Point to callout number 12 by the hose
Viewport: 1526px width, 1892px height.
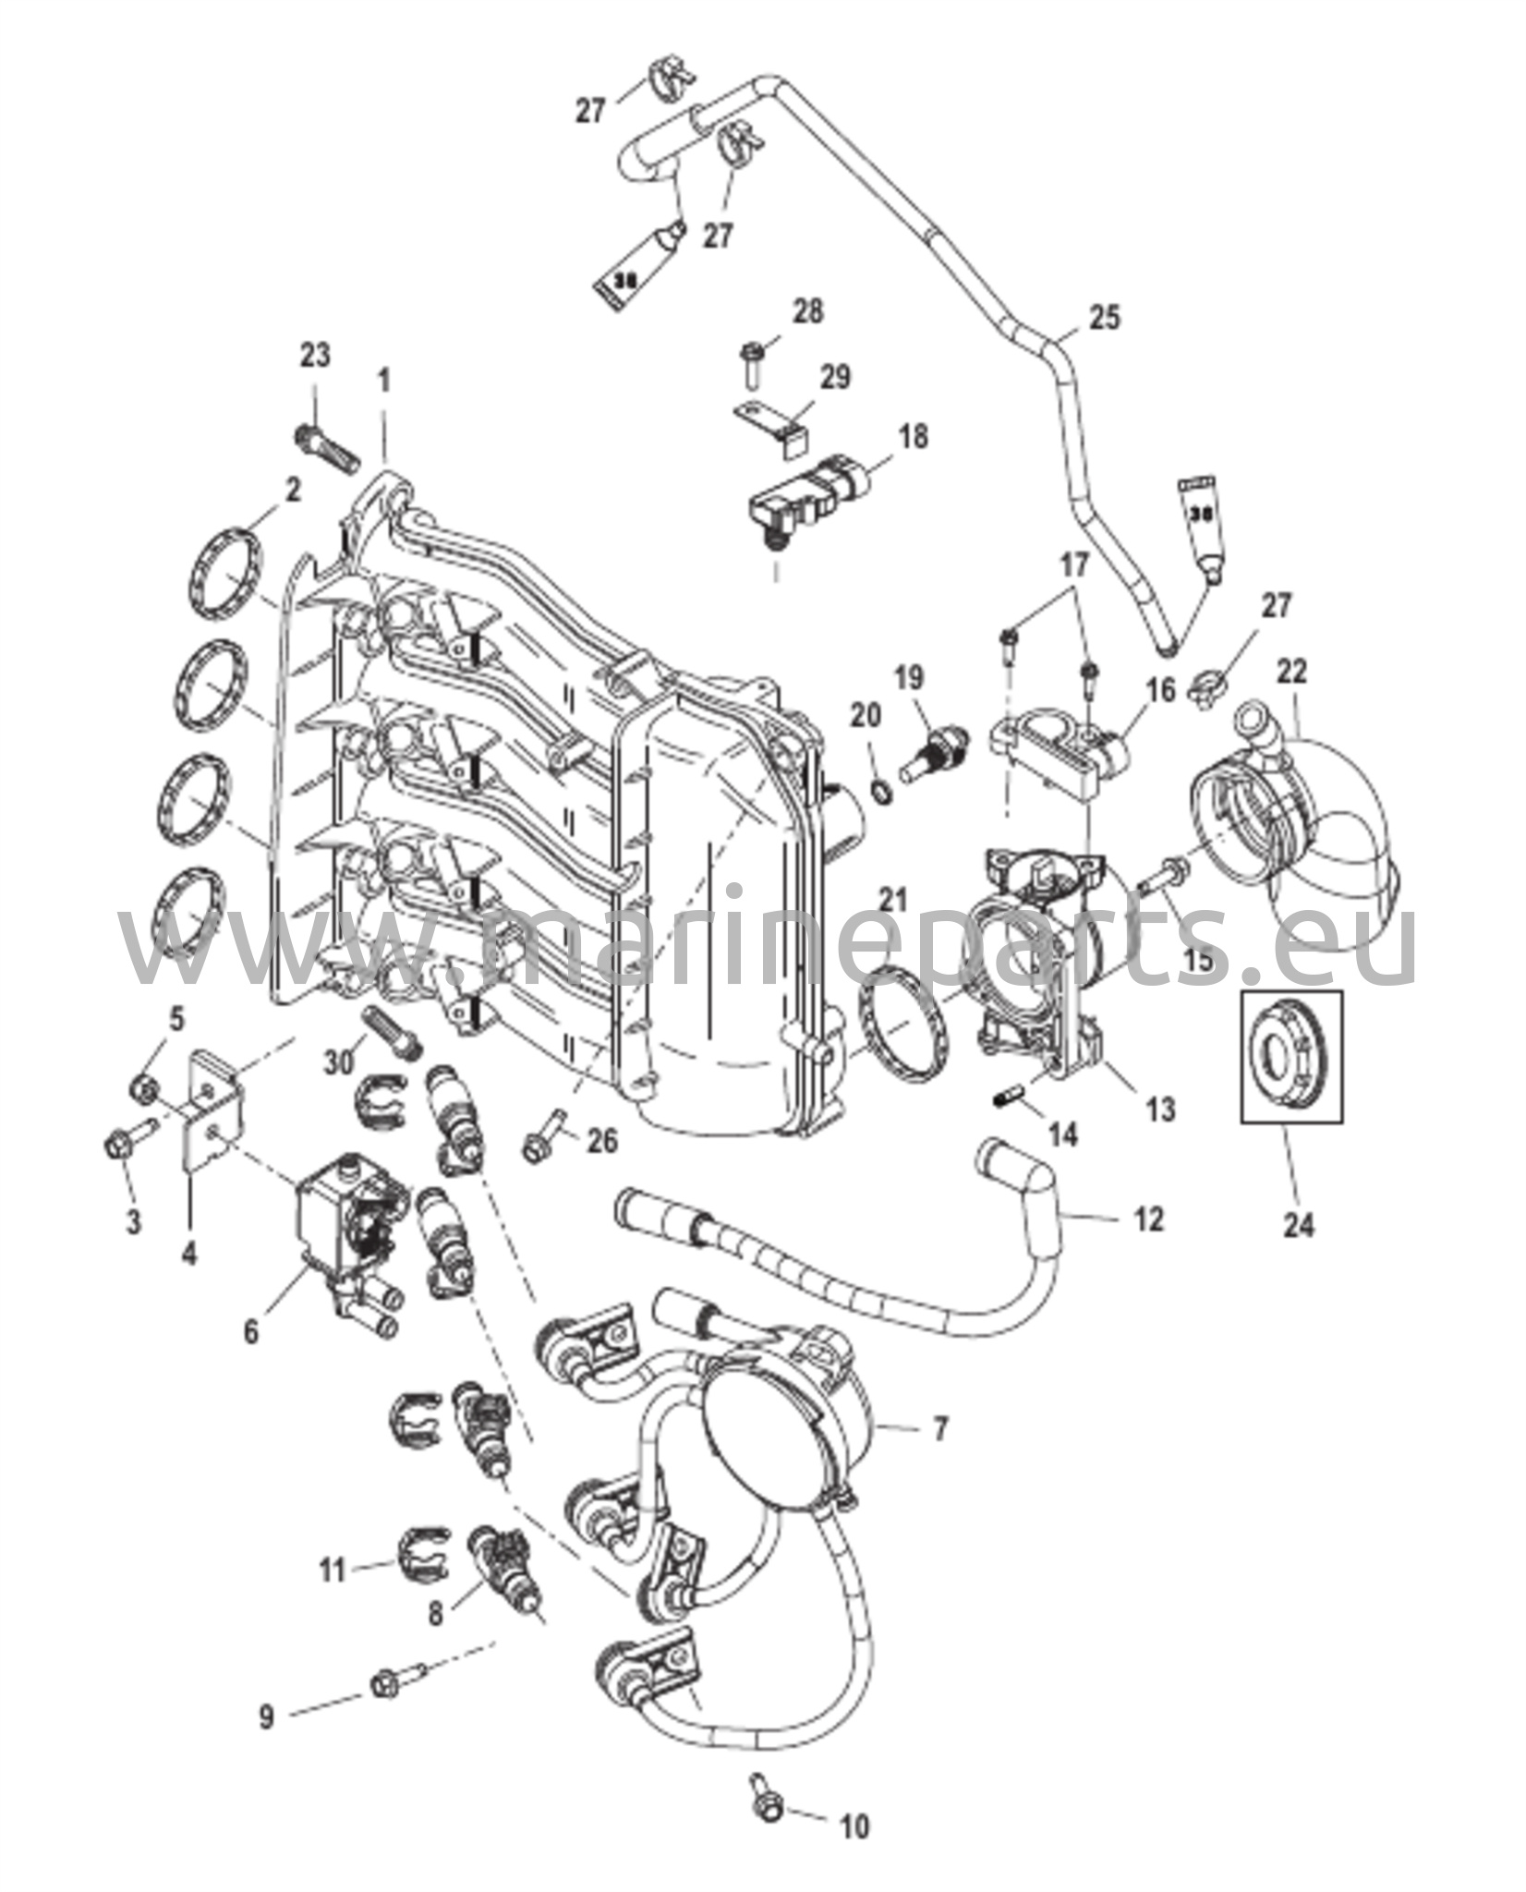(1148, 1219)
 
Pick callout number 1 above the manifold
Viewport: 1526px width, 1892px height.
(384, 379)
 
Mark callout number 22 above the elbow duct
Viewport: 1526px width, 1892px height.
(1292, 673)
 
